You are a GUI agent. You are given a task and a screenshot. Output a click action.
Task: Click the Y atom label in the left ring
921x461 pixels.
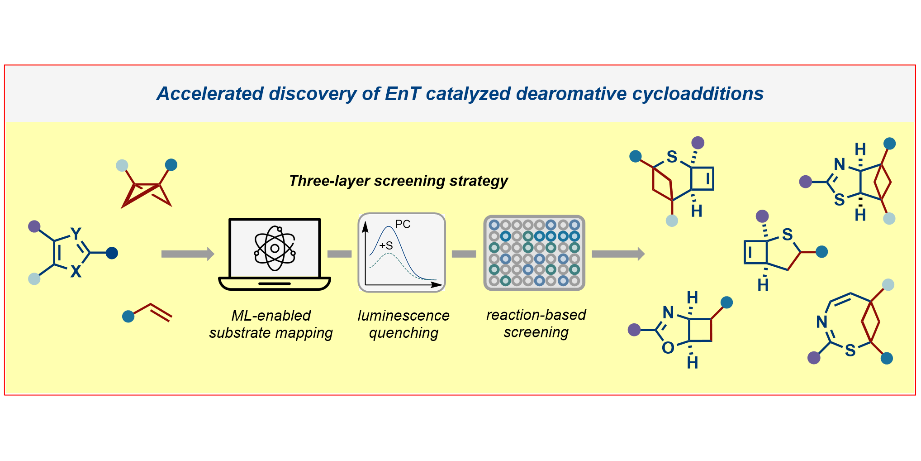[76, 234]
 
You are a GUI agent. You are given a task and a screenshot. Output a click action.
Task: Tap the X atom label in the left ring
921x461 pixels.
[76, 272]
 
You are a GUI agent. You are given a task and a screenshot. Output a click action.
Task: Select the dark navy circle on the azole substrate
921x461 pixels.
[112, 253]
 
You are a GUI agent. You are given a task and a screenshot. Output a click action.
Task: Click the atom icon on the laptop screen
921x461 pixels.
[275, 248]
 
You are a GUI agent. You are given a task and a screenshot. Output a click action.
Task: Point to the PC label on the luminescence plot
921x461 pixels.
[403, 224]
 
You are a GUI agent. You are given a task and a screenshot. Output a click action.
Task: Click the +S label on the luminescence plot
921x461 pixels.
[386, 245]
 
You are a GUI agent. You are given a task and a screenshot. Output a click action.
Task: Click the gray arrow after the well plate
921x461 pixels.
[617, 254]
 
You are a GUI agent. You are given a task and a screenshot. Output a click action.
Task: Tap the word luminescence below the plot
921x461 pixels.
[404, 315]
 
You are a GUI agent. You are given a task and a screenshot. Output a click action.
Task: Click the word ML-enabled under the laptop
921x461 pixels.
[271, 315]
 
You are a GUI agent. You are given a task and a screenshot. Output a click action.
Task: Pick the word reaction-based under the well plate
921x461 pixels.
[536, 314]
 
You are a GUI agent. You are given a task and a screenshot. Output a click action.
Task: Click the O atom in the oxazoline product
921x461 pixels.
[668, 348]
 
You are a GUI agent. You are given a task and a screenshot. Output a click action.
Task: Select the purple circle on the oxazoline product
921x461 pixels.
[634, 330]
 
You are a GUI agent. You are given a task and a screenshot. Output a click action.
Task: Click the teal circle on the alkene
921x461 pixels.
[128, 316]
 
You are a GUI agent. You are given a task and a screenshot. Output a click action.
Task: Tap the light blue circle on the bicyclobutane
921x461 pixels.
[122, 165]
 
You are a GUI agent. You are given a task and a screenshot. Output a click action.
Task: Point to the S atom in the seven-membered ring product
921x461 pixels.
[850, 350]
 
